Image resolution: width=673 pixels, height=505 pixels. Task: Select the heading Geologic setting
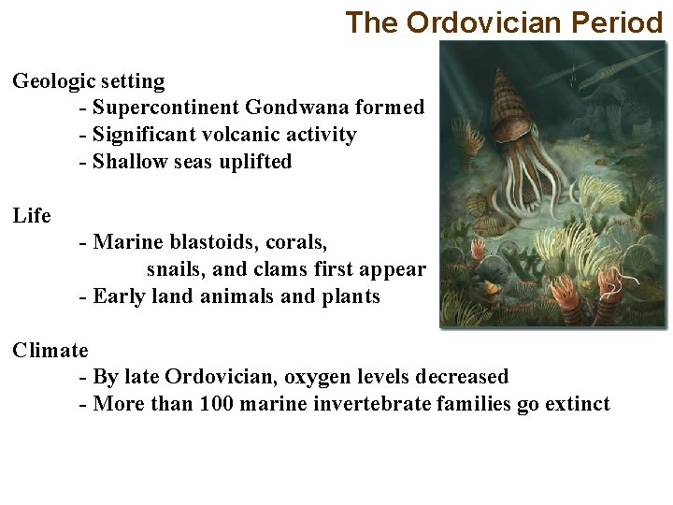[x=88, y=81]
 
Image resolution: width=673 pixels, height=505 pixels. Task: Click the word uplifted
[x=255, y=162]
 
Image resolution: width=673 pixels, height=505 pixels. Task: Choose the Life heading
[x=32, y=216]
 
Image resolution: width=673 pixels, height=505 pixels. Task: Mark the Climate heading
[x=50, y=351]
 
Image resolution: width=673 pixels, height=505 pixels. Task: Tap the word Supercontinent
[x=166, y=108]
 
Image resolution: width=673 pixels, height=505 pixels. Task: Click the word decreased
[x=463, y=377]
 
